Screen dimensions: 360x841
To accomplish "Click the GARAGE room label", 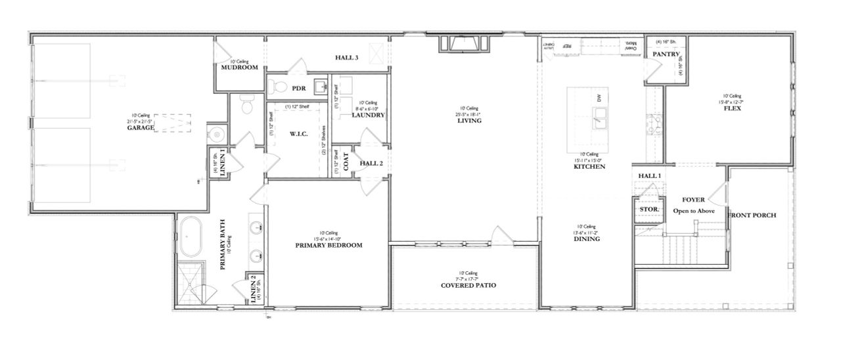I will [x=141, y=128].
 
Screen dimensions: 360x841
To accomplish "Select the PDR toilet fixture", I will [x=278, y=87].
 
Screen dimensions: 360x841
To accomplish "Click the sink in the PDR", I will [x=320, y=86].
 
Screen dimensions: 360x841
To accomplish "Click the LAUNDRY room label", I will [x=368, y=116].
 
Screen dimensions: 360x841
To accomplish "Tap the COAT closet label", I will [x=346, y=162].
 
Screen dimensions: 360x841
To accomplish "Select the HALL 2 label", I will [x=371, y=164].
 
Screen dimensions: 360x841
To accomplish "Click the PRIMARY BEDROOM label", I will [x=329, y=245].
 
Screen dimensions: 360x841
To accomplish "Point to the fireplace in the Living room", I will [x=465, y=44].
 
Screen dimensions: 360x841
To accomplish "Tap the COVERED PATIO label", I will [x=468, y=286].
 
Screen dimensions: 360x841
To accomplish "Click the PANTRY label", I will [x=665, y=54].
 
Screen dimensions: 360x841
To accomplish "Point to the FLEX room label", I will [x=732, y=108].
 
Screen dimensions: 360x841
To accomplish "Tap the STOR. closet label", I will [x=649, y=210].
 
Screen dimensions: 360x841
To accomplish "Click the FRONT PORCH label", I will [x=753, y=215].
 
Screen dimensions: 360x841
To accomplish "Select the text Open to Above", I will [x=693, y=211].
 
